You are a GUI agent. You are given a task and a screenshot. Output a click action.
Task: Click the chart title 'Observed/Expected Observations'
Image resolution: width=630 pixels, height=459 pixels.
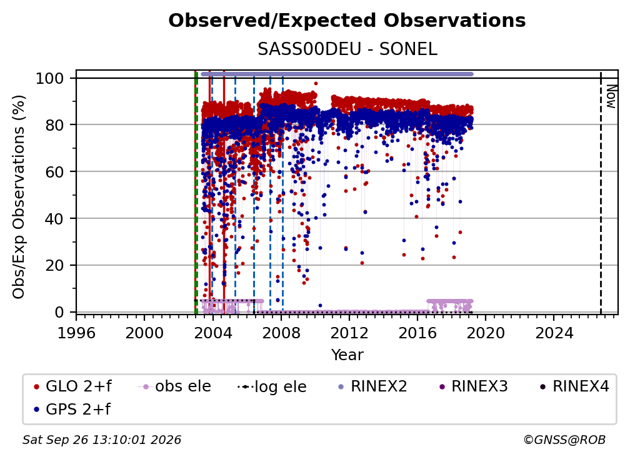[347, 21]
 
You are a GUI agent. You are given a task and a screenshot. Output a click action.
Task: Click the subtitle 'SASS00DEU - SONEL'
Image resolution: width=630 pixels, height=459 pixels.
[347, 49]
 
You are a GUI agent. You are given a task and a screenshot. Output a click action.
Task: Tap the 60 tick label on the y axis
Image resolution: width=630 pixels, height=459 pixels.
[54, 171]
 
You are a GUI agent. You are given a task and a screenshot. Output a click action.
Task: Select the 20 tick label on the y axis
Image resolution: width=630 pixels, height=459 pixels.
[54, 265]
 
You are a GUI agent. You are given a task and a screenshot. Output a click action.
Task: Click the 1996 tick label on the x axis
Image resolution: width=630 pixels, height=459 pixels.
[76, 333]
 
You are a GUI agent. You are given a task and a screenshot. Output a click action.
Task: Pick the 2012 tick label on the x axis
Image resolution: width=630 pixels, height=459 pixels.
[349, 333]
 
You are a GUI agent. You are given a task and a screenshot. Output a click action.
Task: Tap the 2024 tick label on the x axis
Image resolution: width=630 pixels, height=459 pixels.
[554, 333]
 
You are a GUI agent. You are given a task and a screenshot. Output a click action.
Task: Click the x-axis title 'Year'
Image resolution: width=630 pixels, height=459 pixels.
[347, 355]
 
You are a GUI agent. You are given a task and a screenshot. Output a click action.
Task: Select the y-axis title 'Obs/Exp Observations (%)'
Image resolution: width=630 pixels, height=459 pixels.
[19, 196]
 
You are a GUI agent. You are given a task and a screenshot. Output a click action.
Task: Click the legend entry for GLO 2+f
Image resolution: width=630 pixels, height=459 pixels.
[72, 386]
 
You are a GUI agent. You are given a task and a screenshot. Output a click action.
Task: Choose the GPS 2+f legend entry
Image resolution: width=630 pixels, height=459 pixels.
[72, 409]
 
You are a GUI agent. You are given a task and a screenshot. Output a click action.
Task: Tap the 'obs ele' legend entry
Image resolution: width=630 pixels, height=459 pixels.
[174, 386]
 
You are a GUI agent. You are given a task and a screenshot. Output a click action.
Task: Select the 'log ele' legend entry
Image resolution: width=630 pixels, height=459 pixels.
[272, 386]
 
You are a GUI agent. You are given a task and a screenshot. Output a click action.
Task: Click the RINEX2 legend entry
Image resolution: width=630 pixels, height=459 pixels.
[372, 386]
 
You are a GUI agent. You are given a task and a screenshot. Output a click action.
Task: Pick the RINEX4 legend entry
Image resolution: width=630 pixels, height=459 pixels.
[574, 386]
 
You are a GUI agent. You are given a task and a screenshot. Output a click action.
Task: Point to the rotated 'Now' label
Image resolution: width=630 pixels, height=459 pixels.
[611, 96]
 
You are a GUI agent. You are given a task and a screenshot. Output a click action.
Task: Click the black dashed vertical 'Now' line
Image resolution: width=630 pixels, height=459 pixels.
[601, 193]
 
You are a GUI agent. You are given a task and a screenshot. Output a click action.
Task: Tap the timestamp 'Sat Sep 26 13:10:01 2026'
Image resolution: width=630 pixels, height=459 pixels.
[102, 440]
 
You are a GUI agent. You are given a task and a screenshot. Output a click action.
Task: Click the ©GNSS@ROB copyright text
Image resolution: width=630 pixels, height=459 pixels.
[564, 440]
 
